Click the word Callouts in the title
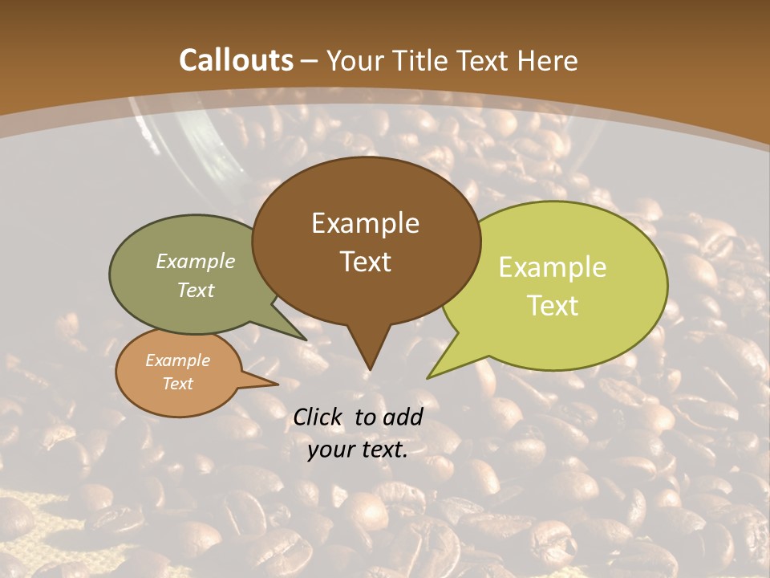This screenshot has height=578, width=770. (x=237, y=60)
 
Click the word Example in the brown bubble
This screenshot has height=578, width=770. (x=365, y=223)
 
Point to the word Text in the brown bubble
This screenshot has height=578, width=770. (x=365, y=262)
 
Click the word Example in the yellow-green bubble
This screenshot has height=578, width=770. (x=553, y=267)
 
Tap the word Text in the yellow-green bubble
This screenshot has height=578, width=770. (x=553, y=306)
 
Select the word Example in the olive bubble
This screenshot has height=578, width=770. (x=196, y=262)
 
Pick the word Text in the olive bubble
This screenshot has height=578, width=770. (x=196, y=290)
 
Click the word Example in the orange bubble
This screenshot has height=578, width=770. (x=177, y=360)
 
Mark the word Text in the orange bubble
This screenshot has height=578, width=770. (x=177, y=384)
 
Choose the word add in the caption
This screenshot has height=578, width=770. (x=403, y=417)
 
